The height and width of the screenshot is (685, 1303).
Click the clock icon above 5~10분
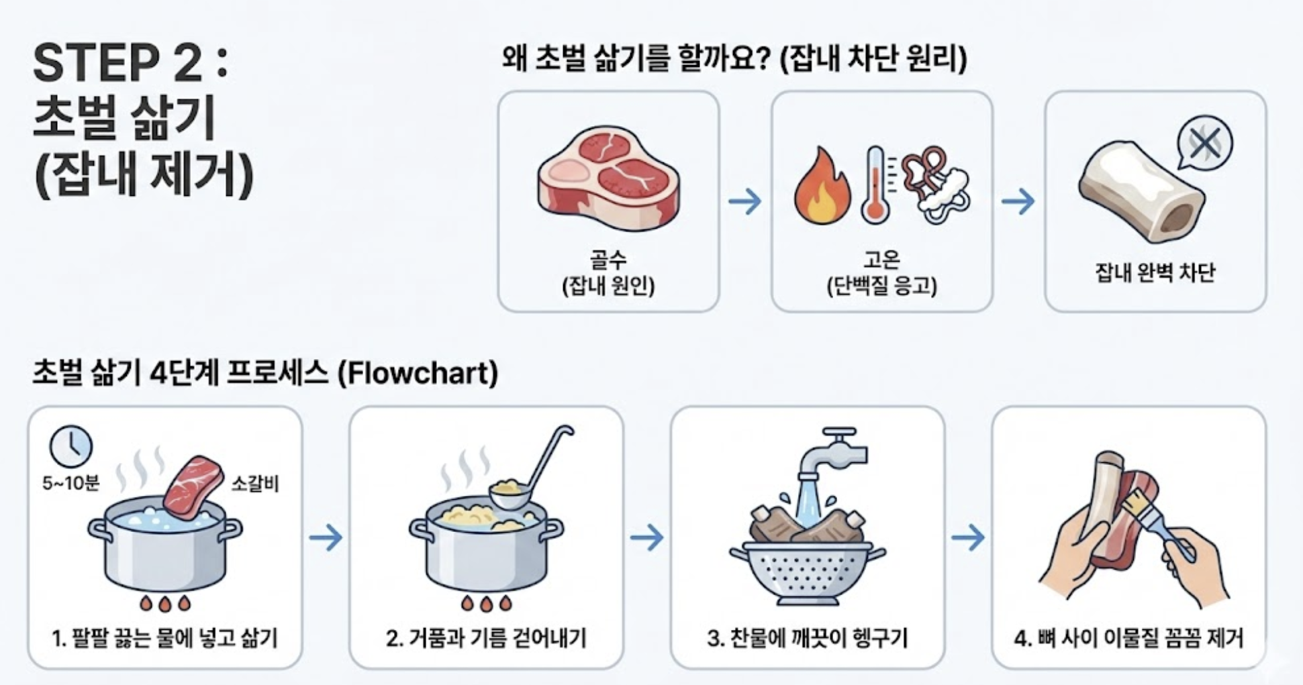71,446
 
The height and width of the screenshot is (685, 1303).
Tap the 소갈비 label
254,483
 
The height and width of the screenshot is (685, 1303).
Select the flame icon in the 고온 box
822,186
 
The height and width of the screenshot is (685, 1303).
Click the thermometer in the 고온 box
875,185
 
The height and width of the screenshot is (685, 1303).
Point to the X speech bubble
1204,144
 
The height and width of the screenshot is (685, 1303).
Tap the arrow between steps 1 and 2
326,537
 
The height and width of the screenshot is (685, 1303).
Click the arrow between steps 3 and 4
968,537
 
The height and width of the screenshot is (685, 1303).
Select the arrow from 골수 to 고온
744,201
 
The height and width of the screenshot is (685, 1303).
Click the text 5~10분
70,483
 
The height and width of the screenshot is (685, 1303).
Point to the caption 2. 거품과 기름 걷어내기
486,637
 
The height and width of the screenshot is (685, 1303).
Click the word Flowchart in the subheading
417,373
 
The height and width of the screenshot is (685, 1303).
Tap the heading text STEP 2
118,64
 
